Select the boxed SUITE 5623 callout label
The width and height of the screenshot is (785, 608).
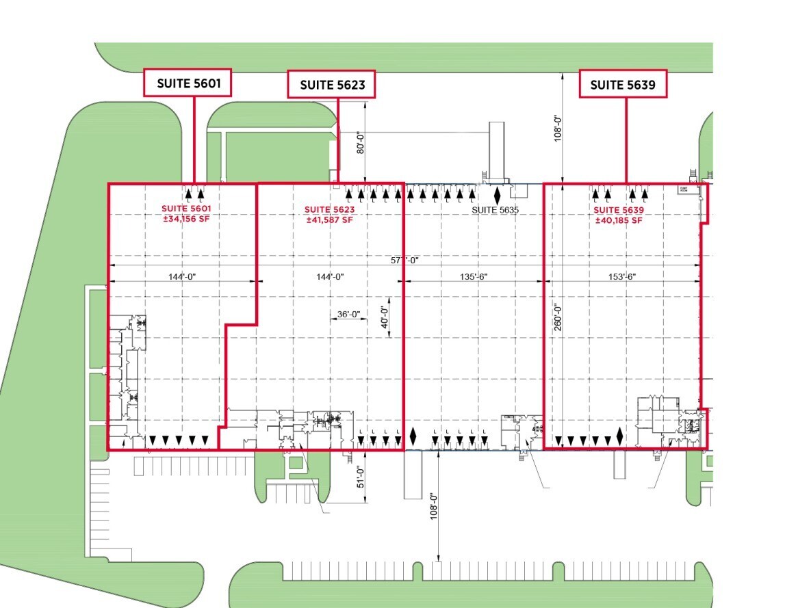(331, 85)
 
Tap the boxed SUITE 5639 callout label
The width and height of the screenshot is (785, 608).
(623, 84)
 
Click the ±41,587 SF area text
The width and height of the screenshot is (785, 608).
(329, 220)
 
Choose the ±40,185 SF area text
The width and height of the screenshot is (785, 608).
(619, 220)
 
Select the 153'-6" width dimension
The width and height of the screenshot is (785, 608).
(621, 276)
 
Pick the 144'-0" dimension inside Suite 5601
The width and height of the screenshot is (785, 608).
(183, 276)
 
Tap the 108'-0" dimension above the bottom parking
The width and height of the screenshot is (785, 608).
(433, 506)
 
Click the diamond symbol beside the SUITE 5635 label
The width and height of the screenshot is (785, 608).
(497, 195)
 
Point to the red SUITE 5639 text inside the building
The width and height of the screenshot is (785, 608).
(619, 210)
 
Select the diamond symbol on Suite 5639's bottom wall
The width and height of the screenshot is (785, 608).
(620, 435)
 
